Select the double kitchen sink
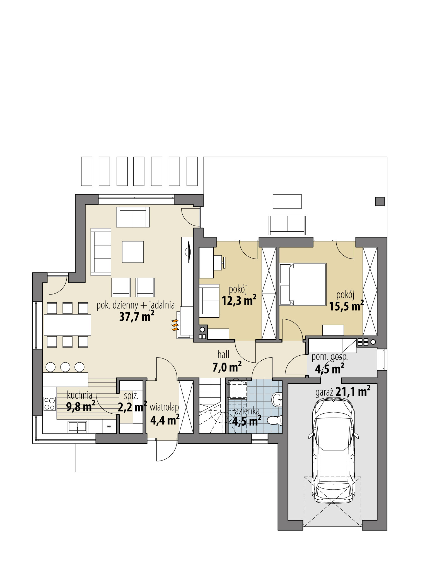pyautogui.click(x=78, y=427)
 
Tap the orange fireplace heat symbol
pyautogui.click(x=175, y=325)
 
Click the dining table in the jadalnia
pyautogui.click(x=67, y=325)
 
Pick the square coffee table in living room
pyautogui.click(x=133, y=252)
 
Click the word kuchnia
pyautogui.click(x=79, y=395)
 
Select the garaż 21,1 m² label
pyautogui.click(x=343, y=392)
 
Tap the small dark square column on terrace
pyautogui.click(x=380, y=201)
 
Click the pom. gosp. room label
pyautogui.click(x=329, y=357)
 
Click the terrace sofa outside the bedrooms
pyautogui.click(x=287, y=225)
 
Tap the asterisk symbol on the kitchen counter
pyautogui.click(x=109, y=427)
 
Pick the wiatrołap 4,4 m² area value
pyautogui.click(x=165, y=420)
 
